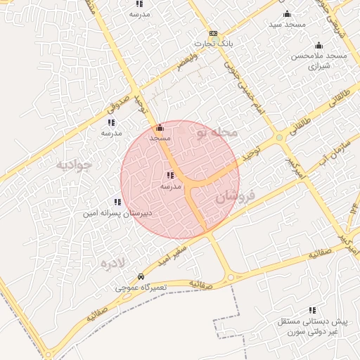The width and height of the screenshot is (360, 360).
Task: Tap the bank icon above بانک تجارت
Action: tap(213, 34)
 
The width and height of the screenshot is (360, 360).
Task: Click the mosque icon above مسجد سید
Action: tap(287, 14)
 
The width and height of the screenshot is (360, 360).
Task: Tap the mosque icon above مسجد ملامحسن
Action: tap(319, 45)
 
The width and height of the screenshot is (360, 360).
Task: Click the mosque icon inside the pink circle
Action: tap(160, 128)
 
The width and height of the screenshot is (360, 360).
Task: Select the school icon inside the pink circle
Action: tap(171, 175)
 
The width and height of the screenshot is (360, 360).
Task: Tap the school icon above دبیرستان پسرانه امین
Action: tap(117, 202)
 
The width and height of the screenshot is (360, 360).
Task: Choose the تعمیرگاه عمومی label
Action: tap(142, 288)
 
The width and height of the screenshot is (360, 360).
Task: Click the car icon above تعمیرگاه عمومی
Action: tap(142, 277)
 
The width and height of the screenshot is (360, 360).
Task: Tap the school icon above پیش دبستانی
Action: tap(311, 310)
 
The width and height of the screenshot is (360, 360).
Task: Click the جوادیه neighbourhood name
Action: tap(74, 165)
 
